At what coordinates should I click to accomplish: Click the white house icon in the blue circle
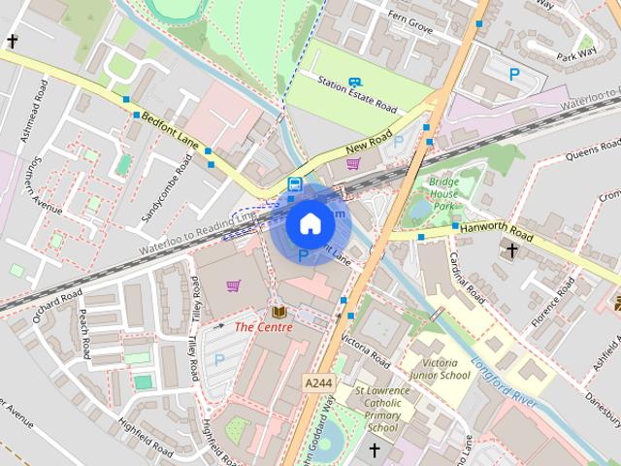(310, 223)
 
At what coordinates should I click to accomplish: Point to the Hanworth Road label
(497, 232)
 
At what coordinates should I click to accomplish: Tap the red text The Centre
(263, 327)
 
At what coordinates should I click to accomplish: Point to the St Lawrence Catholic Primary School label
(382, 409)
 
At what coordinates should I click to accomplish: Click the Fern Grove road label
(409, 21)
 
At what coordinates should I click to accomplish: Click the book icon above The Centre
(279, 312)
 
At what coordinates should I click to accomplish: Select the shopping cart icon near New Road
(353, 163)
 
